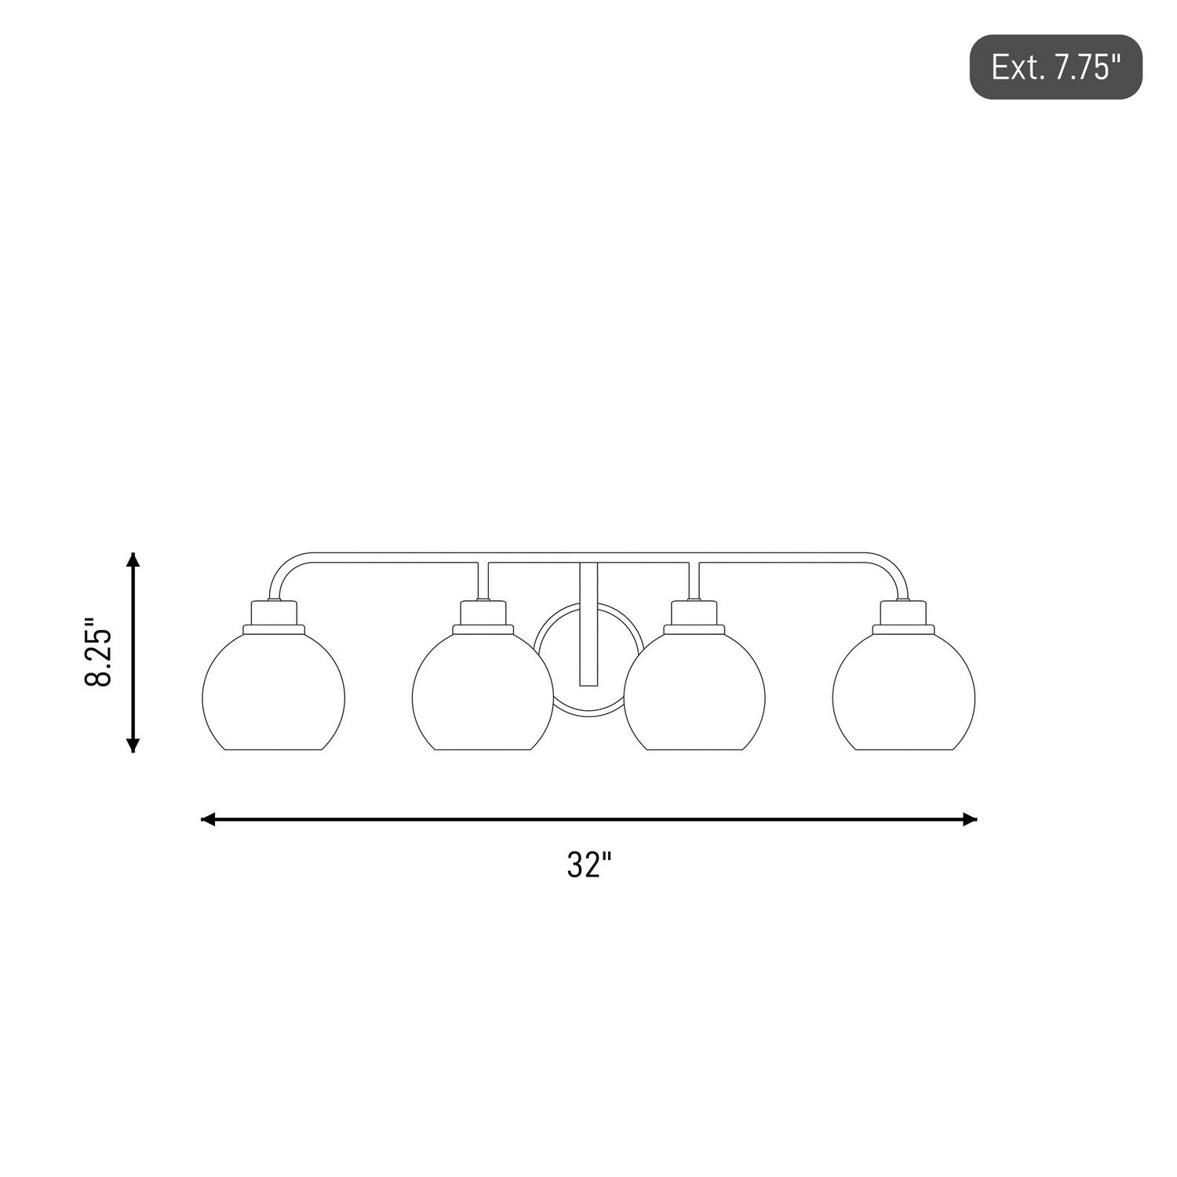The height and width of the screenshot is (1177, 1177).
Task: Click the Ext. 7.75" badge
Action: coord(1055,67)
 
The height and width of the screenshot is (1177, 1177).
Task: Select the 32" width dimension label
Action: coord(588,865)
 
